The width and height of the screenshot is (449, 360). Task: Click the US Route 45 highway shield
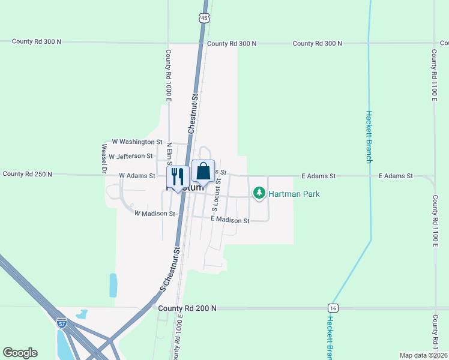click(x=205, y=19)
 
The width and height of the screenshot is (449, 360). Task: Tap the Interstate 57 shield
click(x=62, y=323)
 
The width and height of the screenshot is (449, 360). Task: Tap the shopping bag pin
click(x=203, y=172)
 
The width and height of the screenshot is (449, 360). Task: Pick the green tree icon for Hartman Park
click(x=259, y=193)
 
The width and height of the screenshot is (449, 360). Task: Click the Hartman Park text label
click(x=294, y=194)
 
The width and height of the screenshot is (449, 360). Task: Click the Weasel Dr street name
click(x=104, y=158)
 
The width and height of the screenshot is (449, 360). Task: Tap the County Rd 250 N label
click(x=28, y=174)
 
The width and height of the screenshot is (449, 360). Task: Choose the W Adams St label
click(x=137, y=175)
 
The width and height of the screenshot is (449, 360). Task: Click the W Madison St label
click(x=154, y=213)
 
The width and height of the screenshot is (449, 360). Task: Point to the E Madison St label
click(x=230, y=220)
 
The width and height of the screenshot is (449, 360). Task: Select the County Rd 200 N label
click(x=187, y=308)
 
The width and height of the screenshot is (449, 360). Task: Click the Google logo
click(x=20, y=353)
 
